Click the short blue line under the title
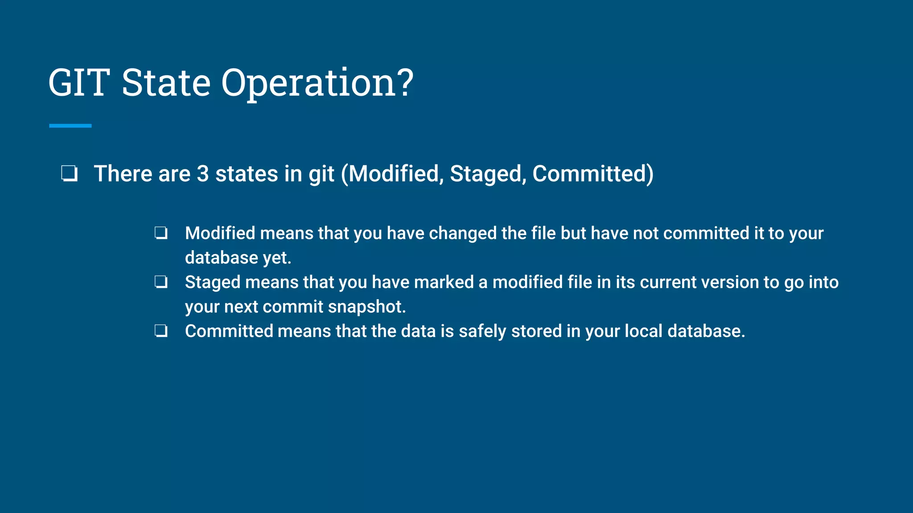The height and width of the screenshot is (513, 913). point(70,126)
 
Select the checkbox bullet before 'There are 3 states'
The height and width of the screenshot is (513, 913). point(70,174)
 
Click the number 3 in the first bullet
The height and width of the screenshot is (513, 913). point(203,174)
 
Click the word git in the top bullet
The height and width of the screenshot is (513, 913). point(321,175)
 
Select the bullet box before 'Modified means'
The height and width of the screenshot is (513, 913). point(161,233)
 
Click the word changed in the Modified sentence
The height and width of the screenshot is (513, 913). point(462,233)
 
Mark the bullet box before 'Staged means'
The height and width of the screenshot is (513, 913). point(161,282)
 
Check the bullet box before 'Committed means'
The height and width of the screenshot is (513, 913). point(161,331)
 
